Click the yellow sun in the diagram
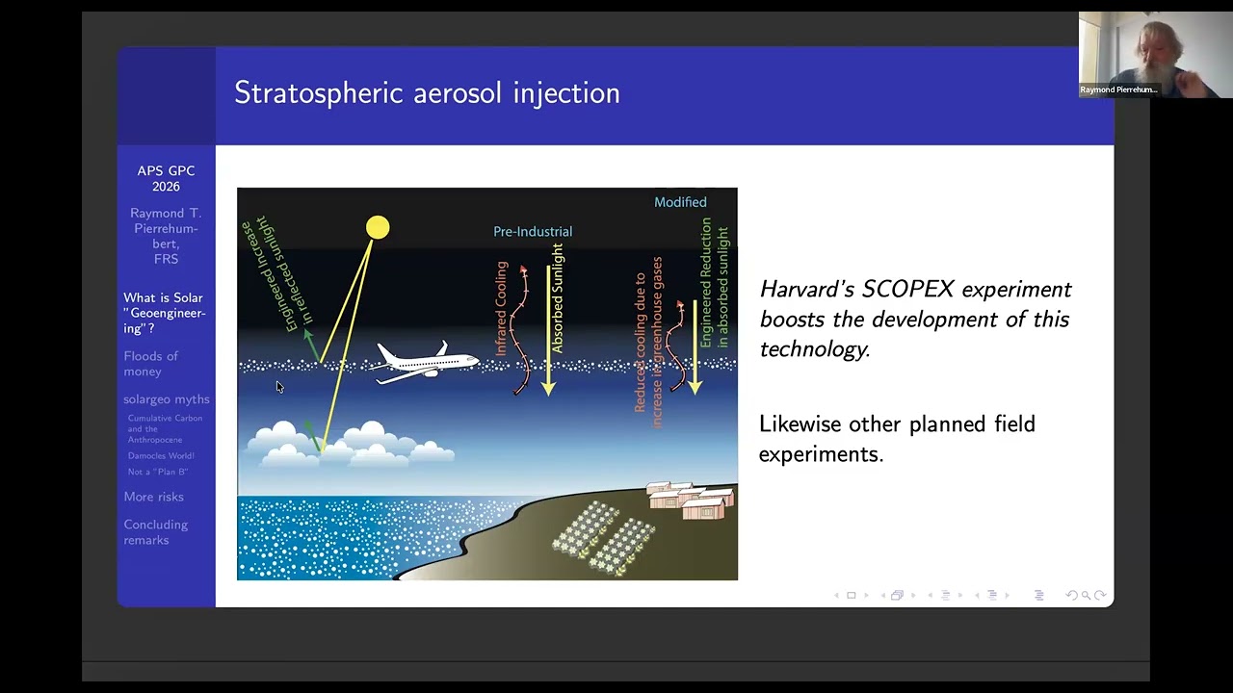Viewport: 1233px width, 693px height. [378, 227]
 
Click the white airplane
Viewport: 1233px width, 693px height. [424, 362]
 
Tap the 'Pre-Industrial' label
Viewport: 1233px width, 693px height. [533, 231]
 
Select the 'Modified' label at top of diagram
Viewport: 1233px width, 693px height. [680, 202]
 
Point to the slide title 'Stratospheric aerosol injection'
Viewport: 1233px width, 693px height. [427, 93]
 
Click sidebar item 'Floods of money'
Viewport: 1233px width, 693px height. [151, 364]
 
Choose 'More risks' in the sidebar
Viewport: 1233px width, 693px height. [153, 497]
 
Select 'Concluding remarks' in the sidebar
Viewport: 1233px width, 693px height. [155, 532]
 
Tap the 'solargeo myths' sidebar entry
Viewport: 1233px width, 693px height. [166, 399]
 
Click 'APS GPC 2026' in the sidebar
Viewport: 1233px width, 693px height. [166, 178]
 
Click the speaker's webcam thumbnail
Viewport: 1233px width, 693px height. [1154, 55]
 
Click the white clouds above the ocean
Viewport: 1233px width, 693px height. [347, 446]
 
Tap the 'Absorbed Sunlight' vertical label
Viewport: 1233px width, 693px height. [558, 298]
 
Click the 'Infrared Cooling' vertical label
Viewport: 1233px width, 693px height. [501, 308]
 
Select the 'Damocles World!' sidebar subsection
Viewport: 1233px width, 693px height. [161, 455]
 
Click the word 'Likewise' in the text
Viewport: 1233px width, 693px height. [797, 424]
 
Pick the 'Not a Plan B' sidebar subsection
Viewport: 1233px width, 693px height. [157, 472]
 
